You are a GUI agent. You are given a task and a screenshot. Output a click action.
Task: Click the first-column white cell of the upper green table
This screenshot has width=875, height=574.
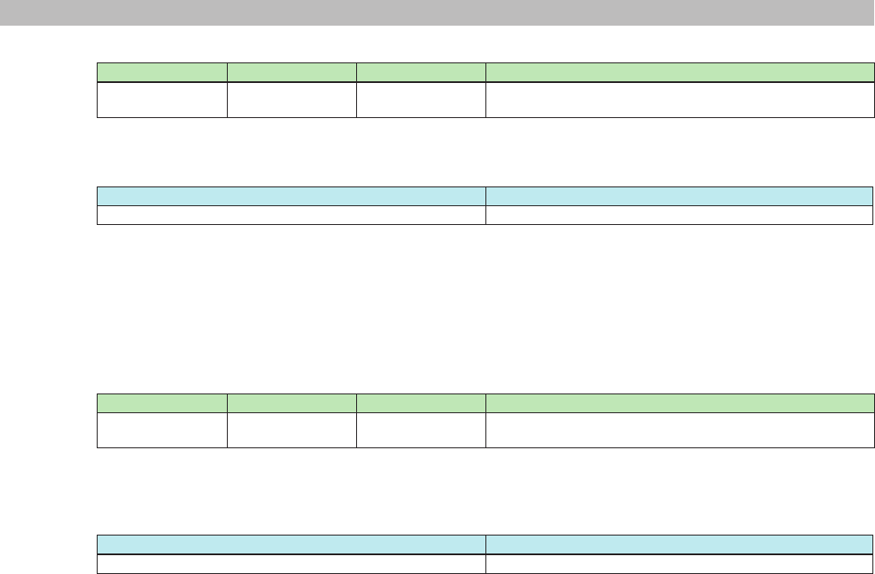[163, 99]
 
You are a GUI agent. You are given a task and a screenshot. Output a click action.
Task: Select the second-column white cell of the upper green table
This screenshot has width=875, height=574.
[292, 99]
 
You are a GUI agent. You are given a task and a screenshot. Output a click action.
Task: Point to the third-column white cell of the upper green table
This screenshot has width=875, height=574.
[420, 99]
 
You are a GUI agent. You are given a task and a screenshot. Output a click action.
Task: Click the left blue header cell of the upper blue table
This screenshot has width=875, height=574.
[292, 195]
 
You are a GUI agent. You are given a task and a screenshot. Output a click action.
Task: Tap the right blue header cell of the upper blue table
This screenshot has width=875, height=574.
[679, 195]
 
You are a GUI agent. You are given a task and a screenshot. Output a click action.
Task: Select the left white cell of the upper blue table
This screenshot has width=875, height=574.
[292, 215]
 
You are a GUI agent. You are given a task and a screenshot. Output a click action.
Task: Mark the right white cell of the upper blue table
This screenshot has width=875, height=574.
[679, 215]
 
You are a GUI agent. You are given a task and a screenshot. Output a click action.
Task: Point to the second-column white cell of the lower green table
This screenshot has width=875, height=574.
[292, 429]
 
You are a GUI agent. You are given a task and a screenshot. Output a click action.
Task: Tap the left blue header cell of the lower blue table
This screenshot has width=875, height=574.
[292, 544]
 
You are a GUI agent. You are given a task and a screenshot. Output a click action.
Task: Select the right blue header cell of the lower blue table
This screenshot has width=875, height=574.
[679, 544]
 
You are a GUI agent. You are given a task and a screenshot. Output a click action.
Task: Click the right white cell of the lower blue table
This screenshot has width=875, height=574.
[679, 563]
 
